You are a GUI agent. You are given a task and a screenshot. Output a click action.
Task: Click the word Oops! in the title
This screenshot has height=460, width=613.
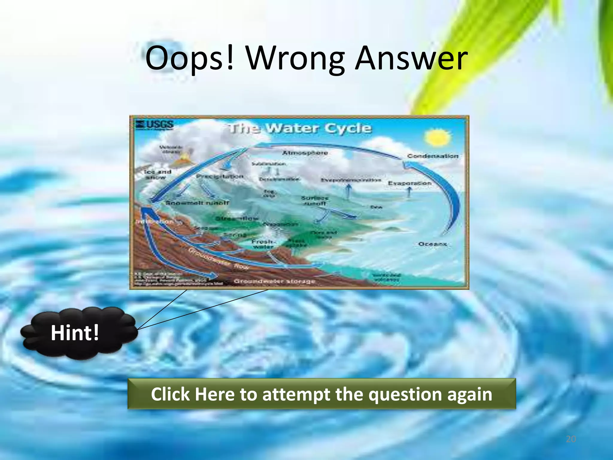tap(189, 58)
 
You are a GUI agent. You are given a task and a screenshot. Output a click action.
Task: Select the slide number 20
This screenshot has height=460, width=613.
tap(571, 439)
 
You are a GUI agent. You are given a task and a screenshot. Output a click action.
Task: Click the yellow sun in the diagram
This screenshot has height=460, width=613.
tap(437, 138)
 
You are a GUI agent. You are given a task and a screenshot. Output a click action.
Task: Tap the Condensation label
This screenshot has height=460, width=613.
tap(433, 156)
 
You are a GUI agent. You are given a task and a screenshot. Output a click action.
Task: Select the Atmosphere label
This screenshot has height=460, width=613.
tap(305, 153)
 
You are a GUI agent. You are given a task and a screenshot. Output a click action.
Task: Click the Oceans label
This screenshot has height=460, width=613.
tap(432, 244)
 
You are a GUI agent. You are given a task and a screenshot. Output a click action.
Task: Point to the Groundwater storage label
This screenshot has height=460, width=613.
tap(274, 282)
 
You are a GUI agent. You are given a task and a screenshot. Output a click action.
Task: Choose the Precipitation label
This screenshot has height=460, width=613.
tap(220, 176)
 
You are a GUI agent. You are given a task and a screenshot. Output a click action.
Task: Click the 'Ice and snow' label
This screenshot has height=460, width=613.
tap(157, 174)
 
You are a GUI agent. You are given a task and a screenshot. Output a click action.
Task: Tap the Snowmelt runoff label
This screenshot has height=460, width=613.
tap(197, 203)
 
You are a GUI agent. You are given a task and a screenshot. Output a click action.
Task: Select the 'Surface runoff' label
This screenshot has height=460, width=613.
tap(315, 201)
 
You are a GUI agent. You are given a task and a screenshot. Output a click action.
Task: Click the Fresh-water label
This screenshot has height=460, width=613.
tap(263, 244)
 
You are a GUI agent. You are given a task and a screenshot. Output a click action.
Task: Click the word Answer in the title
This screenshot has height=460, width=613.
tap(411, 58)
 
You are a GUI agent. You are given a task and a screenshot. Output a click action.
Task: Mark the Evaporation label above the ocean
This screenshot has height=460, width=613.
tap(409, 183)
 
